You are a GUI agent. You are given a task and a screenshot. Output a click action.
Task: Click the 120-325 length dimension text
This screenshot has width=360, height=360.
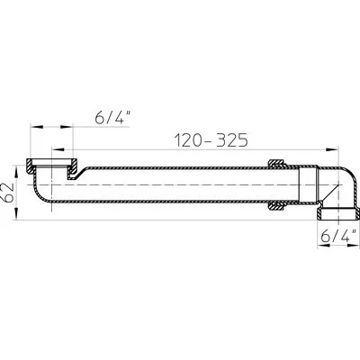(x=211, y=140)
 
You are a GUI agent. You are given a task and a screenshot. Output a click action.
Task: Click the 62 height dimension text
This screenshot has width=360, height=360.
(x=7, y=192)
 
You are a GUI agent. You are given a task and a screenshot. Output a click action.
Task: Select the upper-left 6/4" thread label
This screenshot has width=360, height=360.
(x=113, y=118)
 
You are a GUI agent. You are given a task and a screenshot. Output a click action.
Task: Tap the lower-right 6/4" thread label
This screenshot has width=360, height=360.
(x=338, y=236)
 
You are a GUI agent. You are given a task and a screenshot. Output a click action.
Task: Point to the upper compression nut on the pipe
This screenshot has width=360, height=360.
(x=276, y=163)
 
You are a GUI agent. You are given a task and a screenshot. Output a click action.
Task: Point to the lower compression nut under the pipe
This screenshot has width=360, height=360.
(x=276, y=207)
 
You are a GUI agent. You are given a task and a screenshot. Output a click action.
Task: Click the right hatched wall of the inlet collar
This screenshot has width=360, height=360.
(x=72, y=169)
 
